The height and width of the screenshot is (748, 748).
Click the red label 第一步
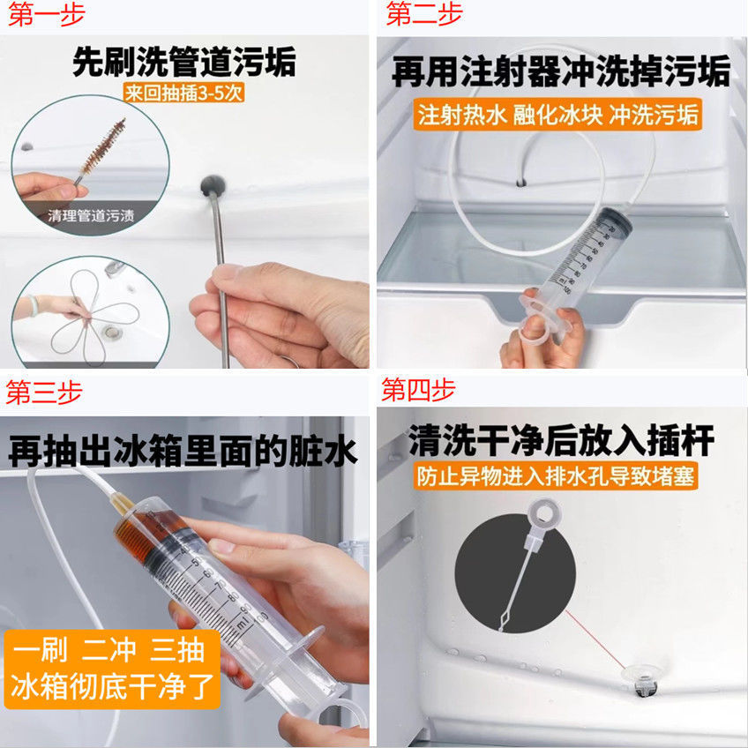(x=46, y=14)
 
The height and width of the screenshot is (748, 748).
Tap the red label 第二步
(x=424, y=13)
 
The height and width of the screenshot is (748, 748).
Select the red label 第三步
(x=44, y=393)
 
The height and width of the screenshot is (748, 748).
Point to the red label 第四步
(x=418, y=389)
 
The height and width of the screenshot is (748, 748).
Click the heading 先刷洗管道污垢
(x=184, y=61)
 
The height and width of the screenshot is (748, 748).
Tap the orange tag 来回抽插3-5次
(x=184, y=93)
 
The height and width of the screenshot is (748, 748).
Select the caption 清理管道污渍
(x=91, y=215)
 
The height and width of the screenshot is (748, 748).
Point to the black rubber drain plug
(x=213, y=185)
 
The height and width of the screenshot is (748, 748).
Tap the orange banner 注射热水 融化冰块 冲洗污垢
(x=557, y=115)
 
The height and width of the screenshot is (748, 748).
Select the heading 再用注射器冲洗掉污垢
(x=562, y=71)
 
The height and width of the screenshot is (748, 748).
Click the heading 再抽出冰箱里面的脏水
(x=183, y=451)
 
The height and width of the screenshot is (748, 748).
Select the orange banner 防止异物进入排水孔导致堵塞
(x=556, y=476)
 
